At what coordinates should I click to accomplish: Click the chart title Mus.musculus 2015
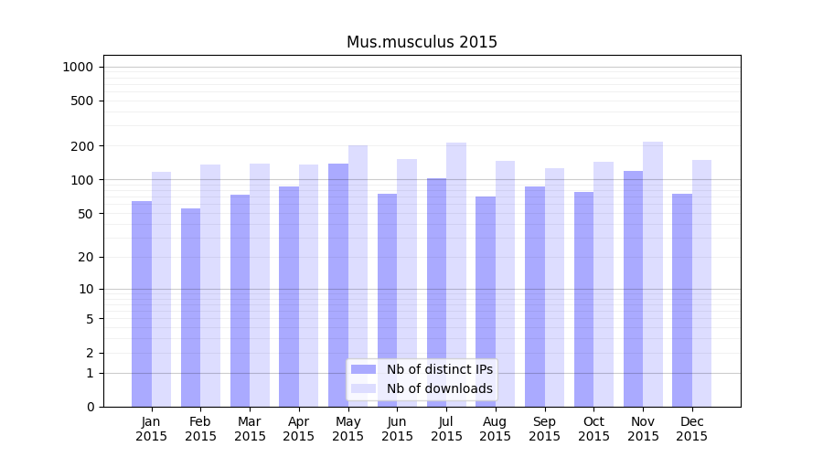tap(422, 42)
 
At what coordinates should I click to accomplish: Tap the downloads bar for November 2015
tap(653, 274)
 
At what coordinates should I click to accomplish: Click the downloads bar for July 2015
tap(456, 274)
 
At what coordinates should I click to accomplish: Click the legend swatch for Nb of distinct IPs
tap(364, 369)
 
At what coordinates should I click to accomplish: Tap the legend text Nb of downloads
tap(440, 388)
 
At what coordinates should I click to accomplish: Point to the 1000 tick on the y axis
tap(77, 67)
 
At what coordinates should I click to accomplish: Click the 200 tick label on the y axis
tap(81, 146)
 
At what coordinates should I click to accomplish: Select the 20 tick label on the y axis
tap(85, 257)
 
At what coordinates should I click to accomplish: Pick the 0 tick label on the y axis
tap(90, 407)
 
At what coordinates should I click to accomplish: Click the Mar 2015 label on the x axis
tap(250, 429)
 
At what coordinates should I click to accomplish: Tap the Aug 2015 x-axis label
tap(496, 429)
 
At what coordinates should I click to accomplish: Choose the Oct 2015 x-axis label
tap(593, 429)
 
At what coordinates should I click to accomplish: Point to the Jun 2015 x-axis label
tap(397, 429)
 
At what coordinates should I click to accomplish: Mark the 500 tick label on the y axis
tap(81, 101)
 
